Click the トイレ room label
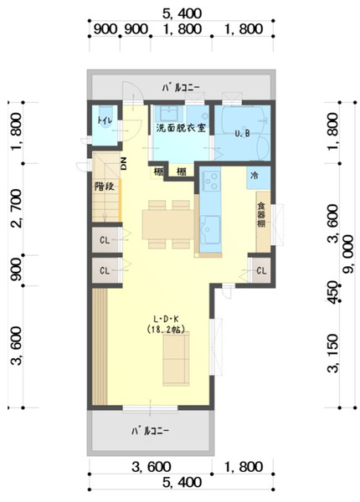click(105, 120)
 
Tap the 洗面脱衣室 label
click(181, 128)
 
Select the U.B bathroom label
click(242, 134)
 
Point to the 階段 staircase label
click(105, 187)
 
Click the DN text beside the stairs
click(124, 164)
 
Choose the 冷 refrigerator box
click(258, 177)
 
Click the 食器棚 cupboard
click(263, 222)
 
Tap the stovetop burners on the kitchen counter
click(210, 182)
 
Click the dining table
click(168, 224)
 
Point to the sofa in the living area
click(176, 359)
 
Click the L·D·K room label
click(166, 319)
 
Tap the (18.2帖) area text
click(166, 330)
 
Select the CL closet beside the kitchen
click(261, 271)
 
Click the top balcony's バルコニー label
click(181, 87)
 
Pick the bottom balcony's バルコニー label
click(150, 431)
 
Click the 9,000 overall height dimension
click(348, 254)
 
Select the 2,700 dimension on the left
click(17, 208)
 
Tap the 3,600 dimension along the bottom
click(151, 467)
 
